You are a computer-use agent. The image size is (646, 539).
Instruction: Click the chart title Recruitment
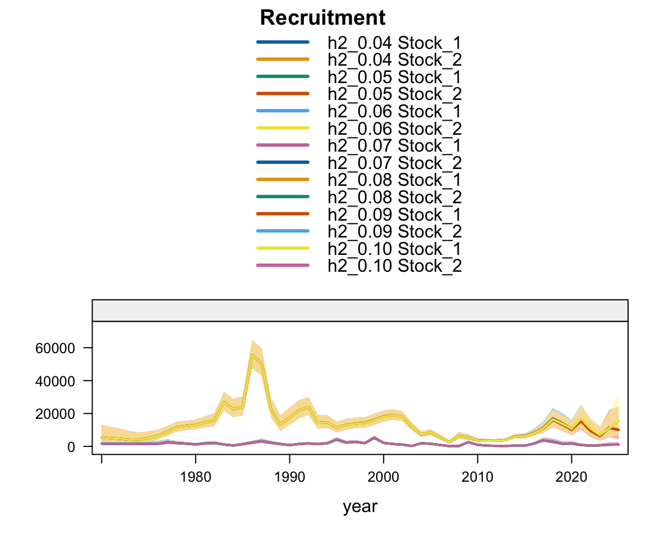click(322, 18)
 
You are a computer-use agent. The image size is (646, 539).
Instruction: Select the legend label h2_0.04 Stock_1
click(394, 42)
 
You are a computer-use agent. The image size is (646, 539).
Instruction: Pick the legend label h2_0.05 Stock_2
click(394, 94)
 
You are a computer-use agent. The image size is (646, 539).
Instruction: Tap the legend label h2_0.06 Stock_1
click(394, 111)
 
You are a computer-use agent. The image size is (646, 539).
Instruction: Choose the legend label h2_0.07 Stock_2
click(394, 163)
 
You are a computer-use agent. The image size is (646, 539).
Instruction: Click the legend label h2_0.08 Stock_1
click(394, 180)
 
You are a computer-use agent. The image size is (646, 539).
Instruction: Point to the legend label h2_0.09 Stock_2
click(394, 232)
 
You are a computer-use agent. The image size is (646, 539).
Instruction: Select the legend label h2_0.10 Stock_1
click(394, 249)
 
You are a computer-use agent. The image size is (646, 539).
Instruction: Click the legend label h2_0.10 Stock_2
click(394, 266)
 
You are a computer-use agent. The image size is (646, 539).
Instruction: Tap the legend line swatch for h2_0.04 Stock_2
click(283, 59)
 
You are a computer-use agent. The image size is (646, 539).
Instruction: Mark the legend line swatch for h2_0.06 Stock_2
click(283, 128)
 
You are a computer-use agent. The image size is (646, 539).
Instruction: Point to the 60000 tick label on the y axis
click(51, 348)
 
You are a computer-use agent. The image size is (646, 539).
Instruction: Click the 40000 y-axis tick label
click(51, 381)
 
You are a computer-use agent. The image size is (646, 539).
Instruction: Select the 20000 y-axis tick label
click(51, 414)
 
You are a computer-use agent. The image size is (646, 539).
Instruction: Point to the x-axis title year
click(360, 506)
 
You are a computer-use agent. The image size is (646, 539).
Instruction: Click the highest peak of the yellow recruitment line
click(252, 355)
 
